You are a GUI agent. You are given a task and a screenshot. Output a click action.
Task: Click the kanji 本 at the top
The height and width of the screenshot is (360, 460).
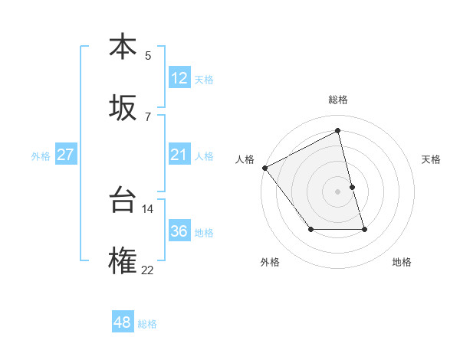tap(123, 47)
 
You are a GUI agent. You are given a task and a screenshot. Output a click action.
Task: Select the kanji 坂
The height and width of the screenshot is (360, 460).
tap(123, 108)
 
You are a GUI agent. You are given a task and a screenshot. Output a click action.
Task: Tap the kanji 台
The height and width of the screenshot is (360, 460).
tap(123, 201)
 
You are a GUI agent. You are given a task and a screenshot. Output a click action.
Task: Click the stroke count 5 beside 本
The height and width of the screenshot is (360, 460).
tap(148, 55)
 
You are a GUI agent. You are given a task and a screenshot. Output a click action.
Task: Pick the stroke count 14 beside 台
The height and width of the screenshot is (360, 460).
tap(148, 208)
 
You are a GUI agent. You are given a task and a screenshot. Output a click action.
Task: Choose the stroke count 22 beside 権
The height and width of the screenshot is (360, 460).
tap(148, 270)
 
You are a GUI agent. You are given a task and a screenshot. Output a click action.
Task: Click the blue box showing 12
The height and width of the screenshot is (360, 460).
tap(179, 78)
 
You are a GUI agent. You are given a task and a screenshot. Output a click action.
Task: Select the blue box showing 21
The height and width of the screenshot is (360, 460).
tap(179, 155)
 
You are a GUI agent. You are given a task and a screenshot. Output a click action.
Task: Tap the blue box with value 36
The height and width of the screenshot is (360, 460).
tap(179, 231)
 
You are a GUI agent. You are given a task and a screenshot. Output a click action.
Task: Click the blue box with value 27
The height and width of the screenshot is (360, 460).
tap(66, 155)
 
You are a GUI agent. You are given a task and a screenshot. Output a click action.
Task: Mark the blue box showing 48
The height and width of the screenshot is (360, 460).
tap(123, 322)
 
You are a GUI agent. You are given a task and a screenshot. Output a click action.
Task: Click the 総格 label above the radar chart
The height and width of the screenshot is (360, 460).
tap(338, 100)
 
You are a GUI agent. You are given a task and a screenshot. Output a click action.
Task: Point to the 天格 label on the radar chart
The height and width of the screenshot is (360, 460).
tap(431, 159)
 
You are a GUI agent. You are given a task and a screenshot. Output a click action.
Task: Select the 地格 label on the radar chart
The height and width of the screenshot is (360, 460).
tap(402, 262)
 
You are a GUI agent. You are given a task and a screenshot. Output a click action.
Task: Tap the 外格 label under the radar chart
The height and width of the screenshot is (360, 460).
tap(270, 262)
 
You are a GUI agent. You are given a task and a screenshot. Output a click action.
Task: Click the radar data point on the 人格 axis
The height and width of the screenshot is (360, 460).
tap(264, 168)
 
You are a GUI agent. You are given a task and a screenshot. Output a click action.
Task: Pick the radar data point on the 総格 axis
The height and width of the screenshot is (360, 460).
tap(338, 131)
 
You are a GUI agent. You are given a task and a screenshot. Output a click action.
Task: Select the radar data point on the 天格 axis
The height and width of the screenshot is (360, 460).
tap(353, 187)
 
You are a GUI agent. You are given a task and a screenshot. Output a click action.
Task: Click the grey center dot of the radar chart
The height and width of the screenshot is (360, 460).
tap(338, 191)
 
